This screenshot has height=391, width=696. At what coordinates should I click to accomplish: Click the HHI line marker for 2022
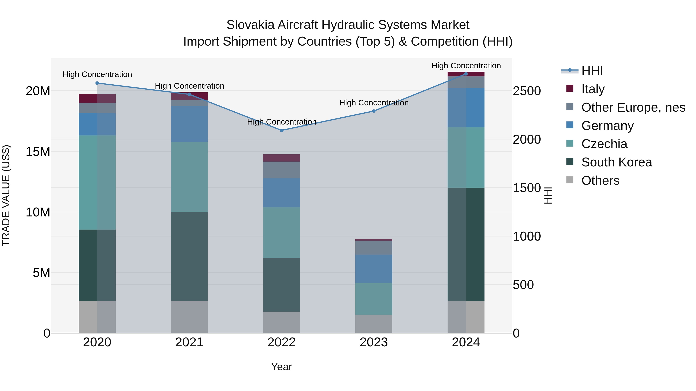coord(281,130)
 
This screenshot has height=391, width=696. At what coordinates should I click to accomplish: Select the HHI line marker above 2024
coord(466,74)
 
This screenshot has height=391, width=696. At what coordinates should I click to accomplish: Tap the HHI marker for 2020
coord(97,83)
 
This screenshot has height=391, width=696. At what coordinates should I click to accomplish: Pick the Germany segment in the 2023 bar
coord(374,269)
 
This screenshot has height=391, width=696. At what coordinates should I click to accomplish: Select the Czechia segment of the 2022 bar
coord(281,233)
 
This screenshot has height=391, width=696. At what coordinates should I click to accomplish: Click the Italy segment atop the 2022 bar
coord(281,158)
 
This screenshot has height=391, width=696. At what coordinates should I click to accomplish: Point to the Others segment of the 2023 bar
coord(374,324)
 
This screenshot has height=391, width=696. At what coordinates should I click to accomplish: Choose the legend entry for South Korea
coord(617,162)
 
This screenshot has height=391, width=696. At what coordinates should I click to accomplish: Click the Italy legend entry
coord(593,89)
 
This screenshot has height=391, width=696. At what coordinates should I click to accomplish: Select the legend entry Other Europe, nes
coord(633,107)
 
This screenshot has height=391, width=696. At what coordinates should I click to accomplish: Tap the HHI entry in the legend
coord(592,71)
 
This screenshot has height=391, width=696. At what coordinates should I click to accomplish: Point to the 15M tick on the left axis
coord(38,152)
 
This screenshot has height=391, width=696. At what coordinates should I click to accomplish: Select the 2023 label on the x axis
coord(374,342)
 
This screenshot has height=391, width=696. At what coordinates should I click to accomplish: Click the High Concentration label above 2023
coord(374,103)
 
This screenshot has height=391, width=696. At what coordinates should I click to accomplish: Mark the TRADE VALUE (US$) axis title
coord(6,195)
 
